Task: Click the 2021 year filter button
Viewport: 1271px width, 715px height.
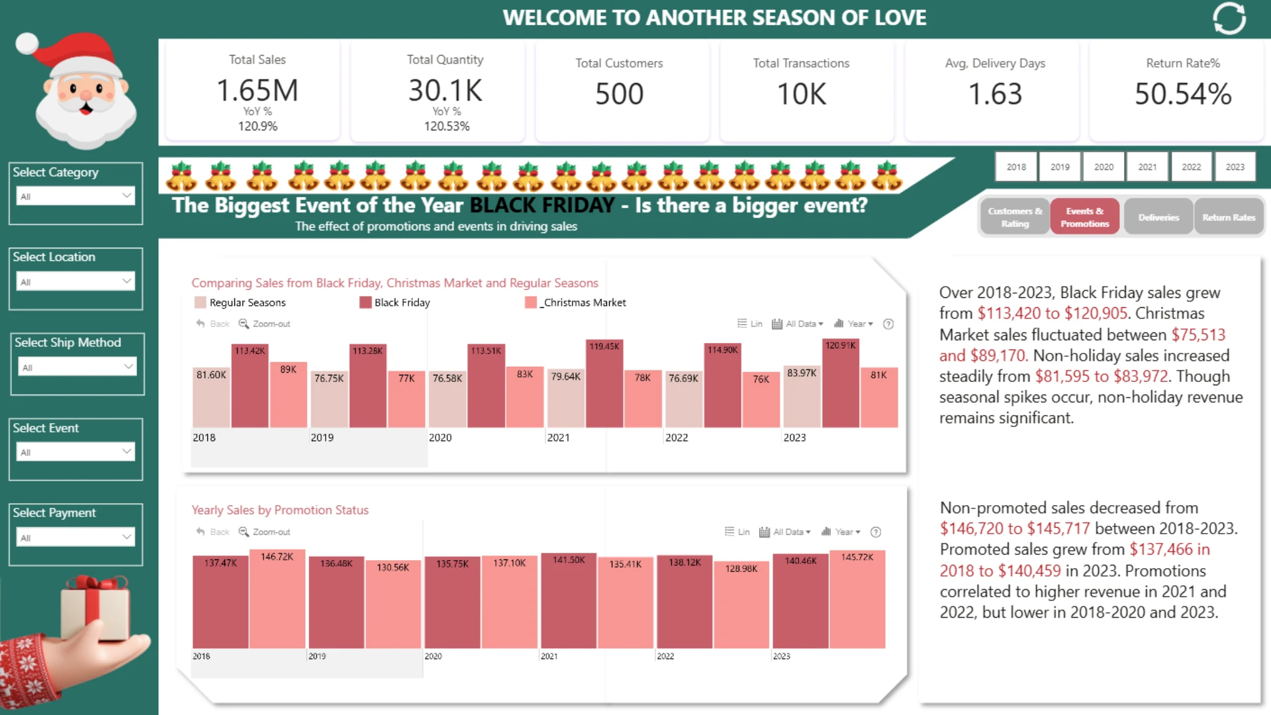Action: pos(1147,167)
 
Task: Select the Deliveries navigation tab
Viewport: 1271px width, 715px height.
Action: pos(1158,217)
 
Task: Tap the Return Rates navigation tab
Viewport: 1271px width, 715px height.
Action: pos(1229,217)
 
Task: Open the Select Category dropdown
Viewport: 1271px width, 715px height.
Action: pos(75,196)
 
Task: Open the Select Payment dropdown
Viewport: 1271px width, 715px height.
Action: pos(75,537)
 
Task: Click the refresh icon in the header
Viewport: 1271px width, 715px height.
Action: pos(1229,19)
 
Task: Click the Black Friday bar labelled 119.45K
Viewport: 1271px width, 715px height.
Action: pos(604,383)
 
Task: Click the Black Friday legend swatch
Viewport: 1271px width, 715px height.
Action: pos(365,303)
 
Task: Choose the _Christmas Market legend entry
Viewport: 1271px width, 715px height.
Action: pos(575,303)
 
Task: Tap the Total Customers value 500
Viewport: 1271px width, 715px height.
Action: pos(620,94)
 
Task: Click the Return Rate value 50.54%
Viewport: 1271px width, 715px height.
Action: pos(1183,94)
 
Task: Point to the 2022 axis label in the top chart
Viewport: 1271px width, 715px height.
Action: pos(677,438)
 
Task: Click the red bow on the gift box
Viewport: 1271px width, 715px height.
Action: pos(97,583)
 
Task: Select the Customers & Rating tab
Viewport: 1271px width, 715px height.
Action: pos(1015,217)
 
